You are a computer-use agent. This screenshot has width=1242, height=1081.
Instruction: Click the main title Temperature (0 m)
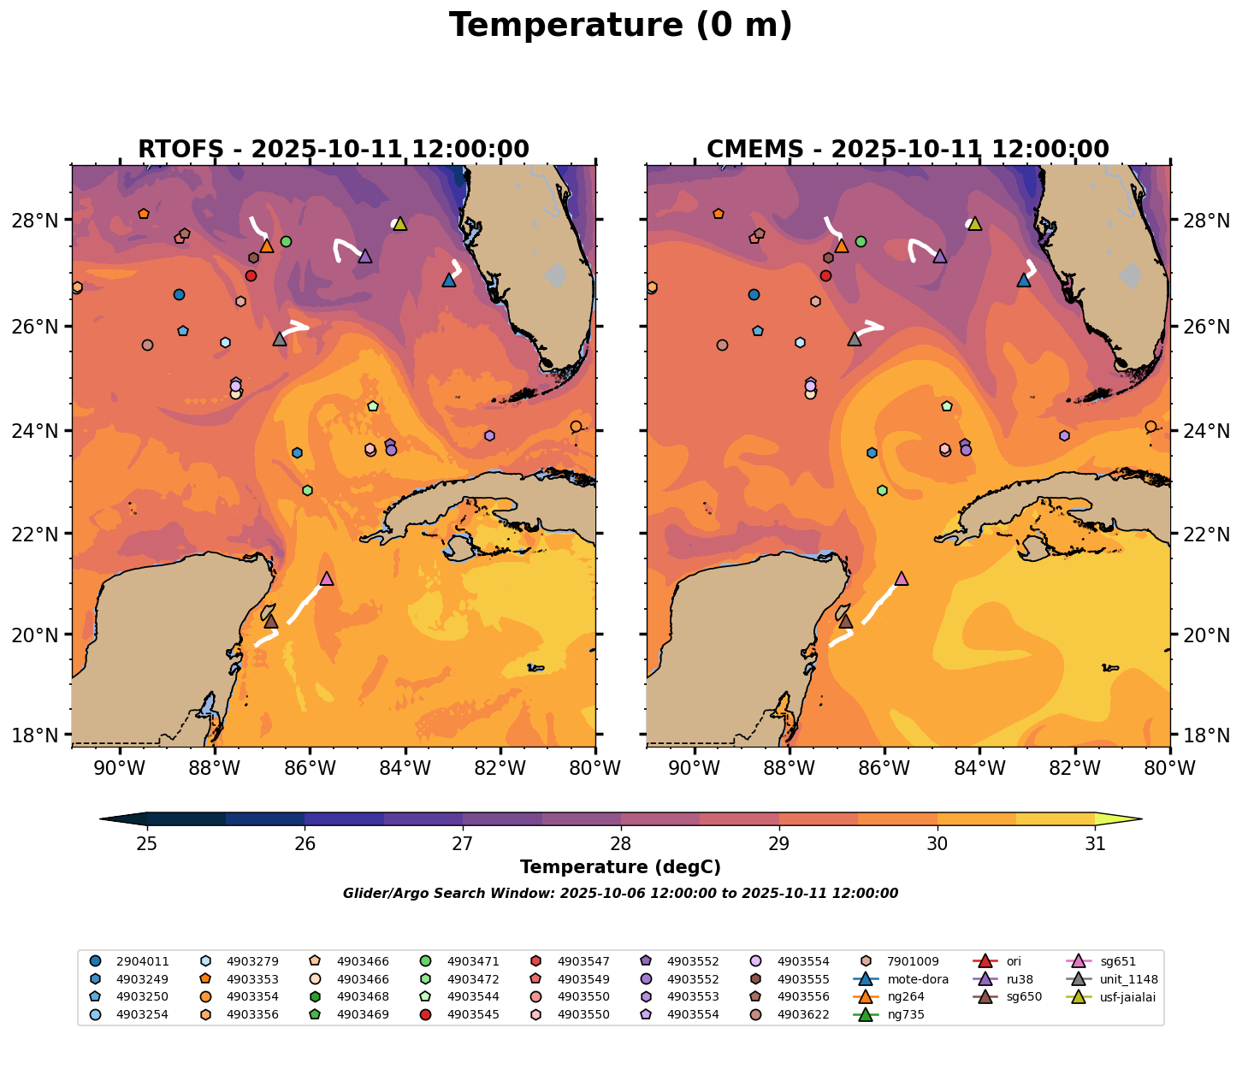click(x=620, y=26)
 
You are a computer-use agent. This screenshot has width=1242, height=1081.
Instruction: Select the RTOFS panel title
click(x=333, y=149)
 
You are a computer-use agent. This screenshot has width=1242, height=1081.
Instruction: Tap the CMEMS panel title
click(x=908, y=149)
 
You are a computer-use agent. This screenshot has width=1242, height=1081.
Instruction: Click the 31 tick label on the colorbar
click(x=1095, y=844)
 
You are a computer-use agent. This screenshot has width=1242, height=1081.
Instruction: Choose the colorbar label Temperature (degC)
click(x=620, y=867)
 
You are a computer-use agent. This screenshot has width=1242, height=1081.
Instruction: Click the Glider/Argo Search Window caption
click(x=620, y=894)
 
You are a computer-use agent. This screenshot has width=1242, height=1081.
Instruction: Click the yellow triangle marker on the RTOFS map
click(x=399, y=224)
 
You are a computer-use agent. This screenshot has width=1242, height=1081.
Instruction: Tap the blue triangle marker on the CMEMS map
click(x=1024, y=280)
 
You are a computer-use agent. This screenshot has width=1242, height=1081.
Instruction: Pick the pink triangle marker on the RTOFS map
click(x=327, y=579)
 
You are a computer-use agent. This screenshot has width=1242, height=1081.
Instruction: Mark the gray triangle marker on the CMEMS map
click(x=855, y=340)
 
